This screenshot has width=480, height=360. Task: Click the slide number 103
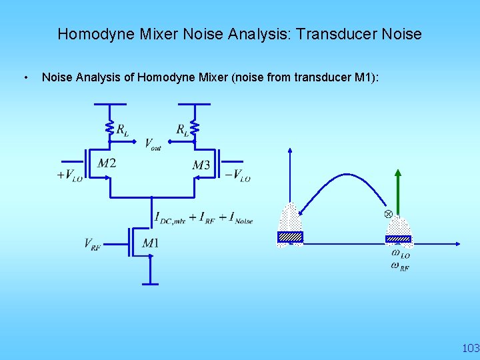[471, 348]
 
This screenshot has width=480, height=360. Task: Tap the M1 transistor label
[151, 243]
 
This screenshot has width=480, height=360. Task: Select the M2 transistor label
[107, 163]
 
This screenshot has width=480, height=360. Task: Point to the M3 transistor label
[201, 165]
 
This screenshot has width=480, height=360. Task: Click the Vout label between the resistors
[153, 144]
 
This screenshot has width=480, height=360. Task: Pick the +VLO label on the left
[69, 175]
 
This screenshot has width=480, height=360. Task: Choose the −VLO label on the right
[237, 175]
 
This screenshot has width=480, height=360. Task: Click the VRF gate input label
[93, 244]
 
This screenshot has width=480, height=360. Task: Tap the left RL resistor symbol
[109, 127]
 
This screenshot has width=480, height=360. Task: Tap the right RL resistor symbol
[194, 127]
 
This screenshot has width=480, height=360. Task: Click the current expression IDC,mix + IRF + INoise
[203, 217]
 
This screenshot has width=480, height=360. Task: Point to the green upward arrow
[397, 193]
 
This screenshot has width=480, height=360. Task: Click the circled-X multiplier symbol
[388, 213]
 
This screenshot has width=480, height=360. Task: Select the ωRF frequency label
[400, 267]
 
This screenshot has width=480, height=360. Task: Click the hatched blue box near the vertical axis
[290, 237]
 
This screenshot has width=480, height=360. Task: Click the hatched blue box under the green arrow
[398, 238]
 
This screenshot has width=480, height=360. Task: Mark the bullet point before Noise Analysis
[25, 78]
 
